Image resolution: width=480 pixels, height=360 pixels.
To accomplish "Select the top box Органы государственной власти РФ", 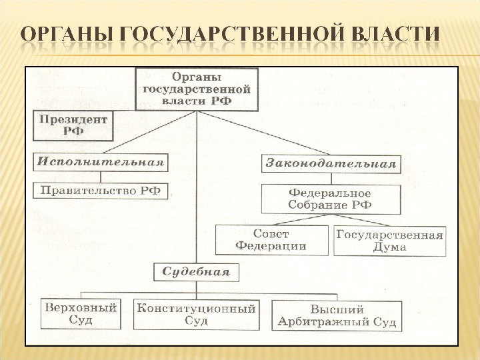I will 197,89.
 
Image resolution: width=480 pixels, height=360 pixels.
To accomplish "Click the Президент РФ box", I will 73,125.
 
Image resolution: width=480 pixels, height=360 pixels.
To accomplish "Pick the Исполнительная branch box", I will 100,162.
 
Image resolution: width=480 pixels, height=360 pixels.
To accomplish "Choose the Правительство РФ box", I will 101,191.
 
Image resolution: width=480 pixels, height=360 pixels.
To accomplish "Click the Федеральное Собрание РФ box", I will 331,199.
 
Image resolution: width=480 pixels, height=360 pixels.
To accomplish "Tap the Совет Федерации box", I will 271,240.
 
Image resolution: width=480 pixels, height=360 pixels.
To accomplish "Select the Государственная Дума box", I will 390,241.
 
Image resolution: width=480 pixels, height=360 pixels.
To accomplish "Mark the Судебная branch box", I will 196,271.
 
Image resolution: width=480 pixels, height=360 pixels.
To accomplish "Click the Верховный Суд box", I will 81,314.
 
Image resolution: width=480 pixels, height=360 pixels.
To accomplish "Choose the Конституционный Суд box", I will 196,315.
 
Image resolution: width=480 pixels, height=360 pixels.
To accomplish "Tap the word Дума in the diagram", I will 390,247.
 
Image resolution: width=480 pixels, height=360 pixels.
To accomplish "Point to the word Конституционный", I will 196,309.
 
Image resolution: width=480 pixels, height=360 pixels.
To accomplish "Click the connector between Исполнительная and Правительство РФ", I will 100,177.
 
